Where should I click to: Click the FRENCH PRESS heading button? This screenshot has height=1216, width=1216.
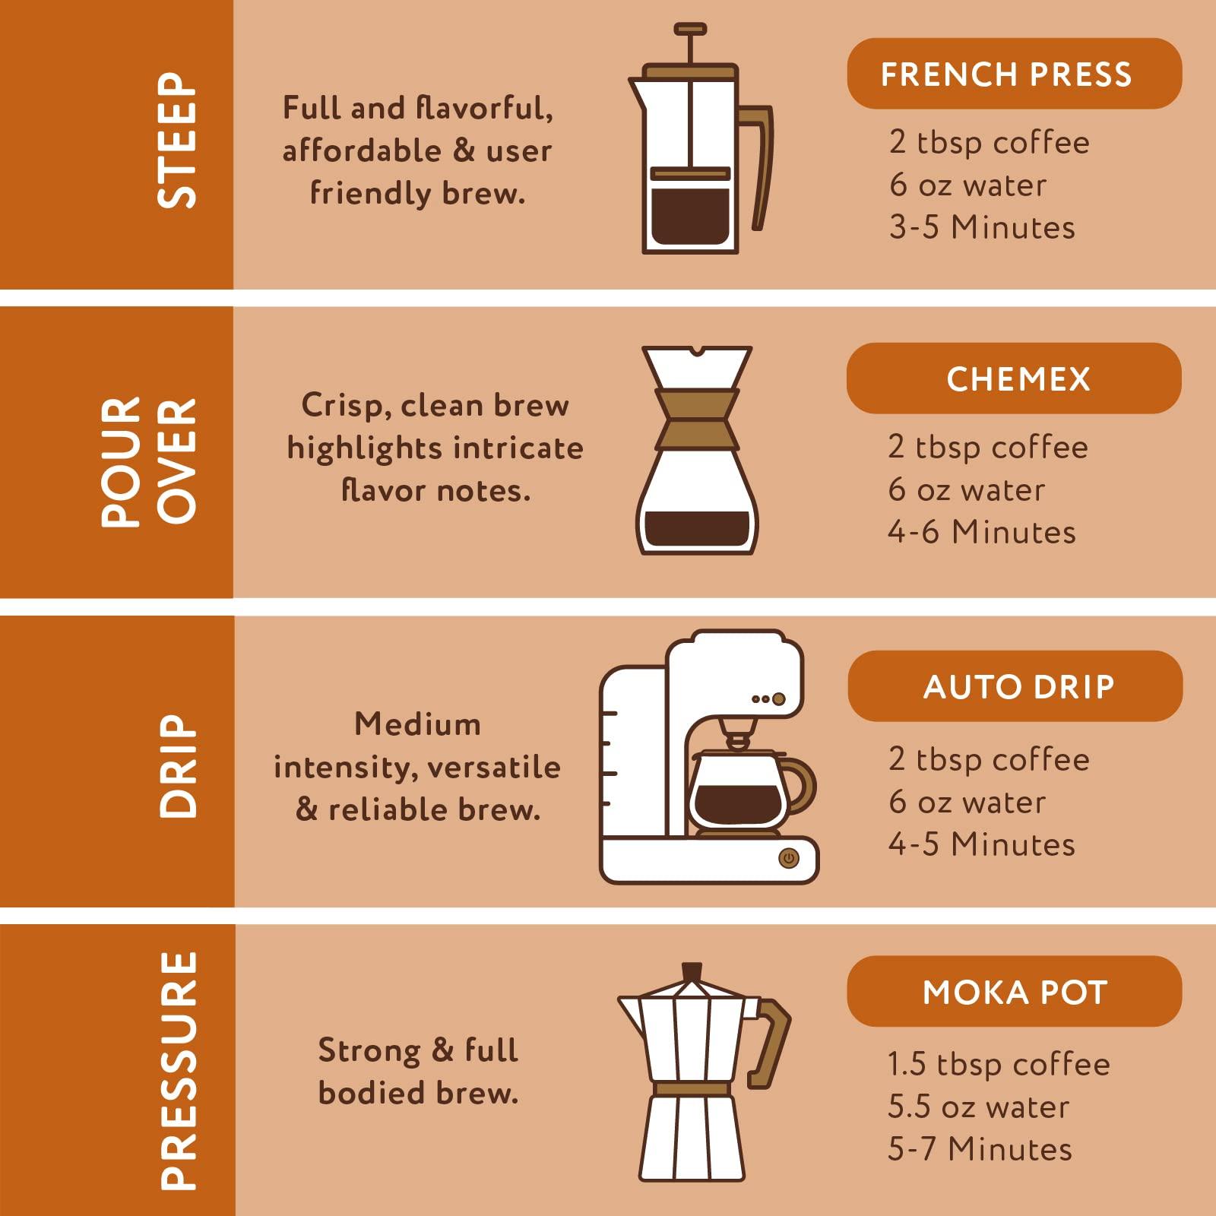[x=1014, y=74]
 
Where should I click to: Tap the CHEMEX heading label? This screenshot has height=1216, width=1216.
[x=1014, y=378]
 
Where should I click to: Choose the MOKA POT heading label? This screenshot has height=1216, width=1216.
[x=1014, y=992]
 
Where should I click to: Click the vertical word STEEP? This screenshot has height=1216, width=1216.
[x=177, y=141]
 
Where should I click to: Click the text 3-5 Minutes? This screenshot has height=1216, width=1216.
[x=982, y=228]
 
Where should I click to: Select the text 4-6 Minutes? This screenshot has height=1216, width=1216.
[x=981, y=532]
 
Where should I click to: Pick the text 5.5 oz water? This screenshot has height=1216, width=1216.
[x=978, y=1107]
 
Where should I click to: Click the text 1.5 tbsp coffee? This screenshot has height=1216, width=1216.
[x=999, y=1064]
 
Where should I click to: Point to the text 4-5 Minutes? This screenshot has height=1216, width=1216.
[x=982, y=844]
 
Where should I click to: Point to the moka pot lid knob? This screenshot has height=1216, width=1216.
[x=692, y=971]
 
